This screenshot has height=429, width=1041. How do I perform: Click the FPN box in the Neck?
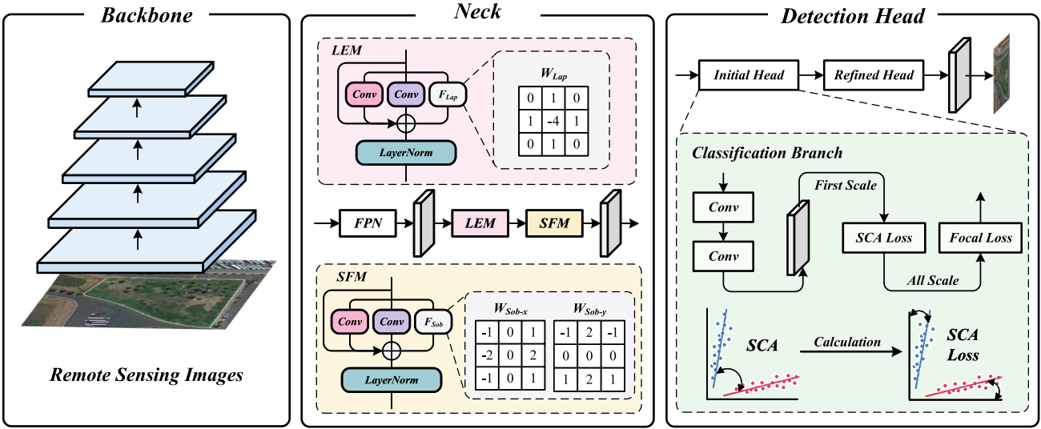tap(368, 223)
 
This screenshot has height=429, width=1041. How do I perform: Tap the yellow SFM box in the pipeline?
tap(554, 223)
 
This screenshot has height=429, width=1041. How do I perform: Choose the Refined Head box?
tap(874, 75)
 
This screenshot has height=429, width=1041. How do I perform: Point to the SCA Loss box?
tap(884, 238)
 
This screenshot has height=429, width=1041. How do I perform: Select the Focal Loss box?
tap(980, 238)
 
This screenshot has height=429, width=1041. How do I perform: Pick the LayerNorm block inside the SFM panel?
tap(392, 379)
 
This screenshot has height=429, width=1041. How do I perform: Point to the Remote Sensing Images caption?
tap(147, 375)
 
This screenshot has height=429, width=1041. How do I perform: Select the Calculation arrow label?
tap(847, 342)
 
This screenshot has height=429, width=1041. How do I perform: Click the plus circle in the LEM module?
tap(407, 123)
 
